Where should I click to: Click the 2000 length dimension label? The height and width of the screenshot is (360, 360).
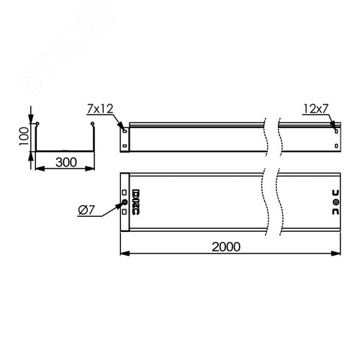(x=226, y=246)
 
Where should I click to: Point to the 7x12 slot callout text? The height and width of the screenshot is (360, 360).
(x=98, y=109)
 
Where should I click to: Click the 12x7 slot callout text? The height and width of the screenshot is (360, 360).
(x=315, y=109)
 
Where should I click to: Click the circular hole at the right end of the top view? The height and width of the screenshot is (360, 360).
(x=336, y=203)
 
